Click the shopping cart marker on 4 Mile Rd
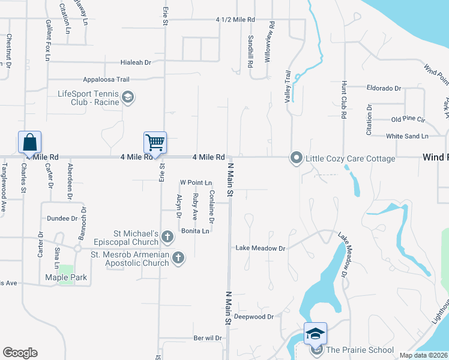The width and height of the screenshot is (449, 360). pos(155,143)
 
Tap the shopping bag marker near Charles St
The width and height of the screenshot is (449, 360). pos(29,142)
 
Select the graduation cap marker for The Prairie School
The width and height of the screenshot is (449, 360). pos(316,332)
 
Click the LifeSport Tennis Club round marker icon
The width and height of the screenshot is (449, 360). pos(127,97)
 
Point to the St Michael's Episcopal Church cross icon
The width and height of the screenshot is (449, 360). pos(167,237)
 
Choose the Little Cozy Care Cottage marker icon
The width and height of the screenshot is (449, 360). pos(296,158)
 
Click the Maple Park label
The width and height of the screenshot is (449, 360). pos(66,278)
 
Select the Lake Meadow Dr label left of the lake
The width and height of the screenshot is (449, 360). pos(260,248)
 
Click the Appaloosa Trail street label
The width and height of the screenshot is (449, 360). pos(106,79)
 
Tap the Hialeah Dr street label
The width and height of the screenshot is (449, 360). pos(134,62)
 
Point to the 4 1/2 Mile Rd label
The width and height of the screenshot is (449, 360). pos(235,20)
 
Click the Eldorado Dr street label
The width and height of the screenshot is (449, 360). pos(384,88)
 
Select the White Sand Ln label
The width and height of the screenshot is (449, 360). pos(407,136)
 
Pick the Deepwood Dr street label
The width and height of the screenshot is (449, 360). pos(254,316)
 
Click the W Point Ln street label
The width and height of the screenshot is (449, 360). pos(196,182)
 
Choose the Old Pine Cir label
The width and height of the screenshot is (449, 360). pos(408,119)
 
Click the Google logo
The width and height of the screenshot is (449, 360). pos(20,353)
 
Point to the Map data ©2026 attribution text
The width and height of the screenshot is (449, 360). pos(423,355)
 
